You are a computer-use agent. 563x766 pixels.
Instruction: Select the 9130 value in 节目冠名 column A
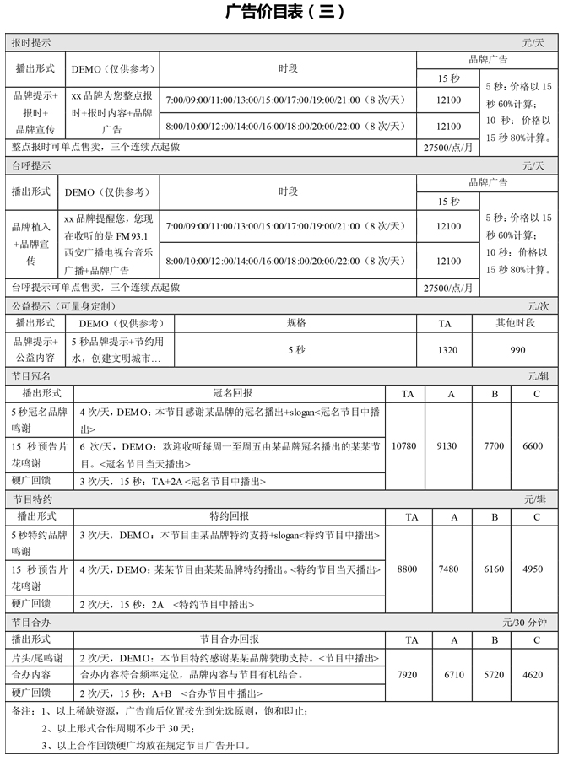[454, 445]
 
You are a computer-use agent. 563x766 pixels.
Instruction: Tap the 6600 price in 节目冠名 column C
[533, 445]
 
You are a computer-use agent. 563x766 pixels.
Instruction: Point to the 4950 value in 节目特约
[533, 569]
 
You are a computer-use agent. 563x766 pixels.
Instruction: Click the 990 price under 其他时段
[517, 350]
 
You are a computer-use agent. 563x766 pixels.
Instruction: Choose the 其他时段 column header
[517, 323]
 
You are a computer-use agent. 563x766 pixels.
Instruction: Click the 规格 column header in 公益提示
[296, 322]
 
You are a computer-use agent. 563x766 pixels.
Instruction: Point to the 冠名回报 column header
[229, 394]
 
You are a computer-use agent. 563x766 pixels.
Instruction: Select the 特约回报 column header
[229, 516]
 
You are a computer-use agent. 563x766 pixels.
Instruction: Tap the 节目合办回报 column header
[229, 639]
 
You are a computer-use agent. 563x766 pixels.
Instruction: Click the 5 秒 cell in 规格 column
[296, 350]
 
